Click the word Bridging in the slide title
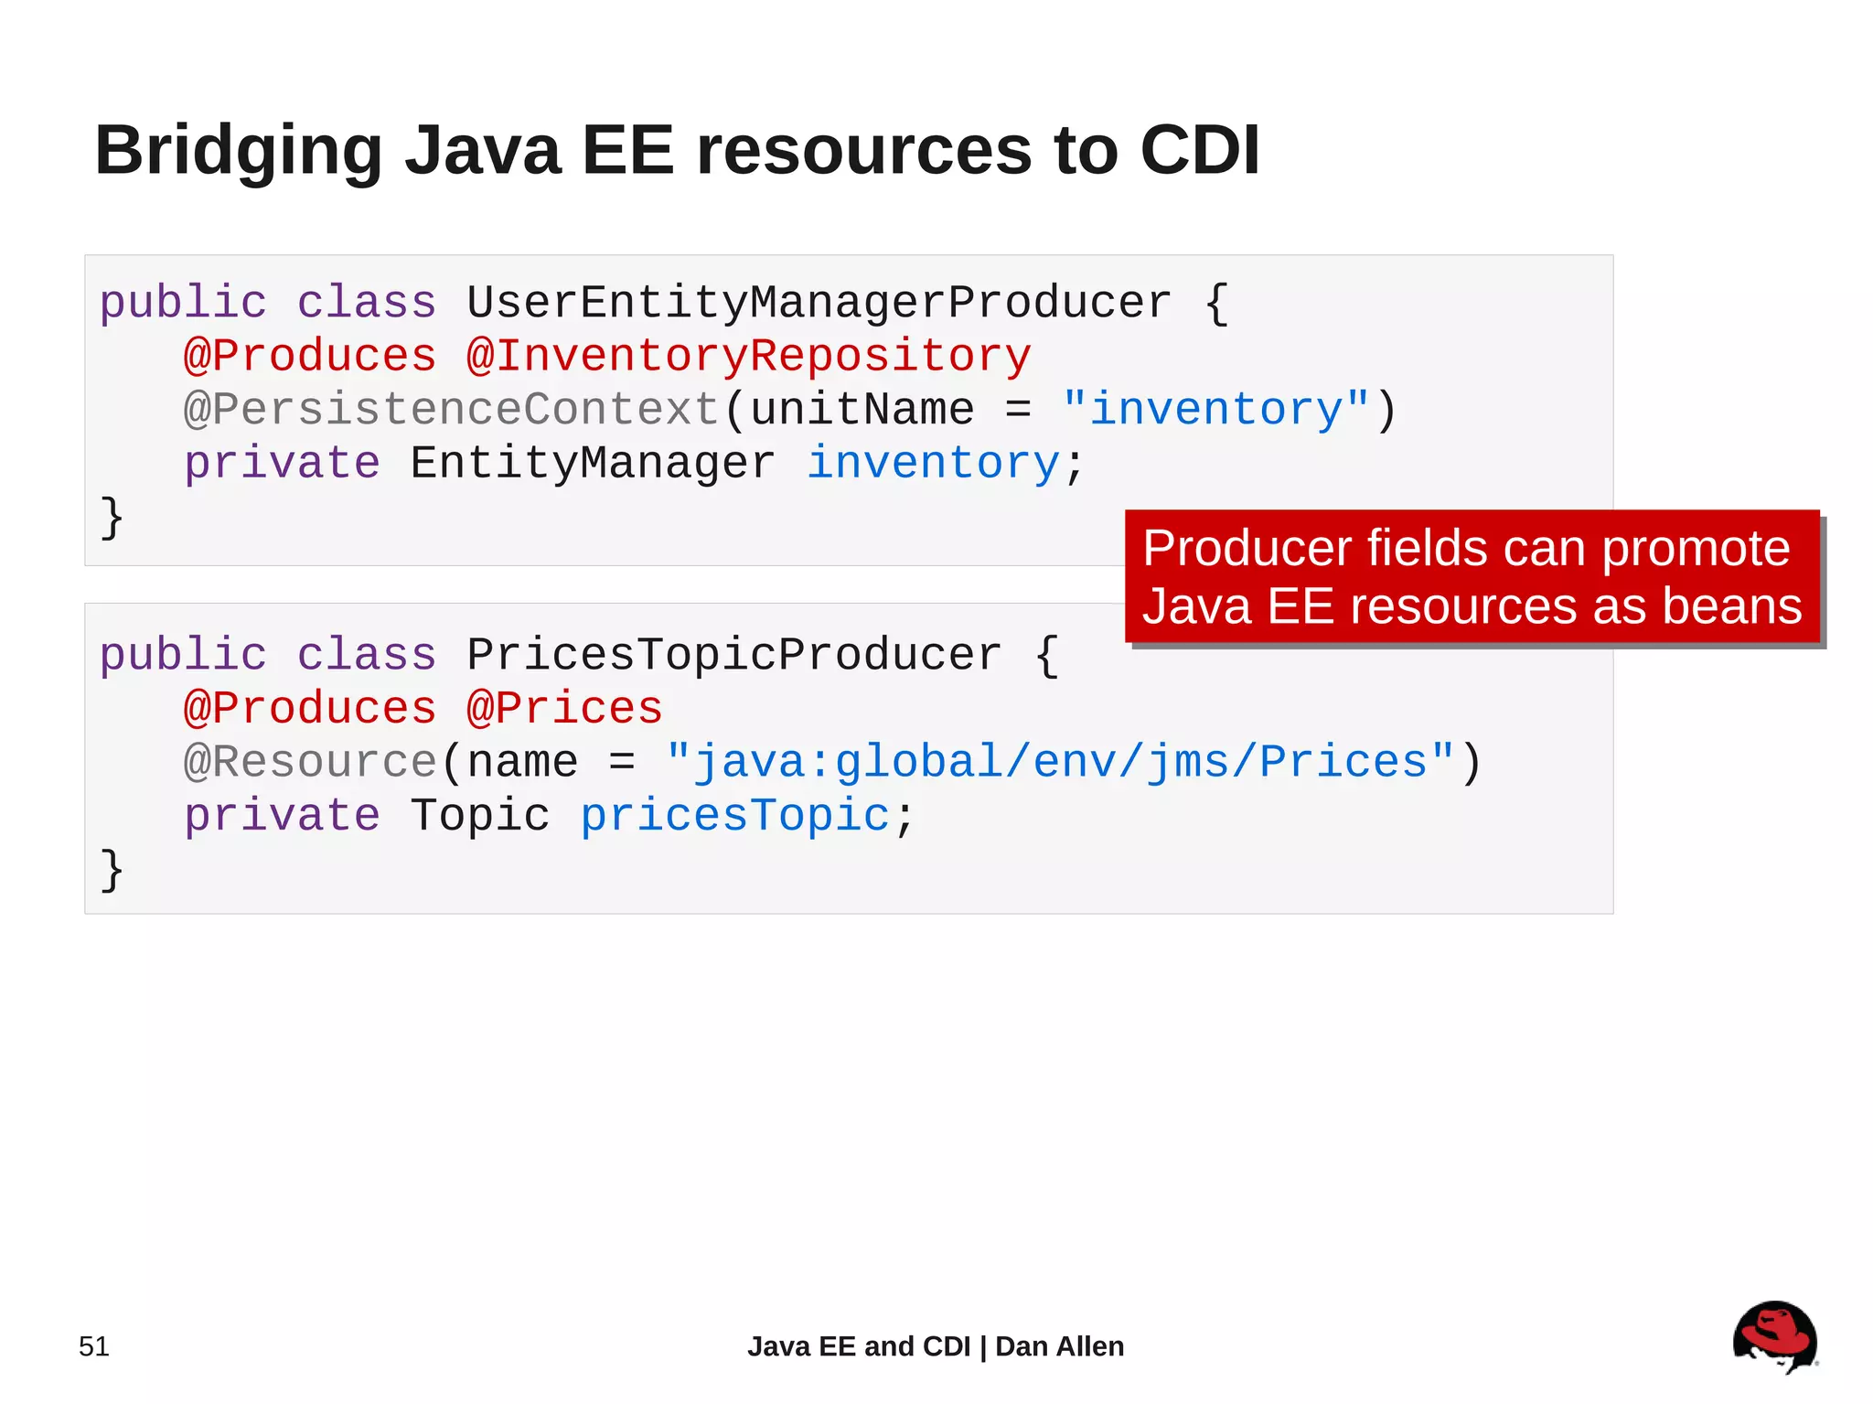coord(239,151)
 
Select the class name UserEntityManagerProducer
coord(819,303)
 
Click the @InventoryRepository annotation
coord(748,356)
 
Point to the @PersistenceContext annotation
coord(451,409)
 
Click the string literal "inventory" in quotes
coord(1216,409)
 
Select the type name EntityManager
coord(592,463)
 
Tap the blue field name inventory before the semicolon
coord(933,463)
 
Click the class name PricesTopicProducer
coord(733,655)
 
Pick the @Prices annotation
coord(564,708)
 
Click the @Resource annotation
coord(310,762)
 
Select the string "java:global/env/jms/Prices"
coord(1061,762)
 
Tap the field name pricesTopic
coord(734,815)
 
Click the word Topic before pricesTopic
coord(479,815)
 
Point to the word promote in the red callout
coord(1696,549)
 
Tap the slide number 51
coord(94,1346)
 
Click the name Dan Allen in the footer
coord(1059,1346)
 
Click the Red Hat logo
coord(1774,1337)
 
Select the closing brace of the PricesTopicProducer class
coord(112,869)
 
